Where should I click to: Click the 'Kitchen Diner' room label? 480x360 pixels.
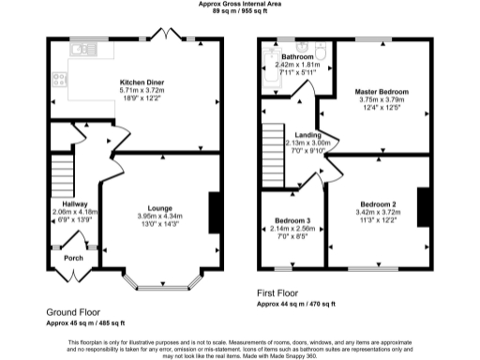139,82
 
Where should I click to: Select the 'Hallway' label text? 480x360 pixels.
62,203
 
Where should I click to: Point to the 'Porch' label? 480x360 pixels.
74,258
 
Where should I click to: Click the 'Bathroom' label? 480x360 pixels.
297,57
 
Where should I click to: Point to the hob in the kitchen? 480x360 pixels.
58,82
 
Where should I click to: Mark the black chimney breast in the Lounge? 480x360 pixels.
215,208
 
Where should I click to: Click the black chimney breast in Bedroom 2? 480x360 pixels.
422,206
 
